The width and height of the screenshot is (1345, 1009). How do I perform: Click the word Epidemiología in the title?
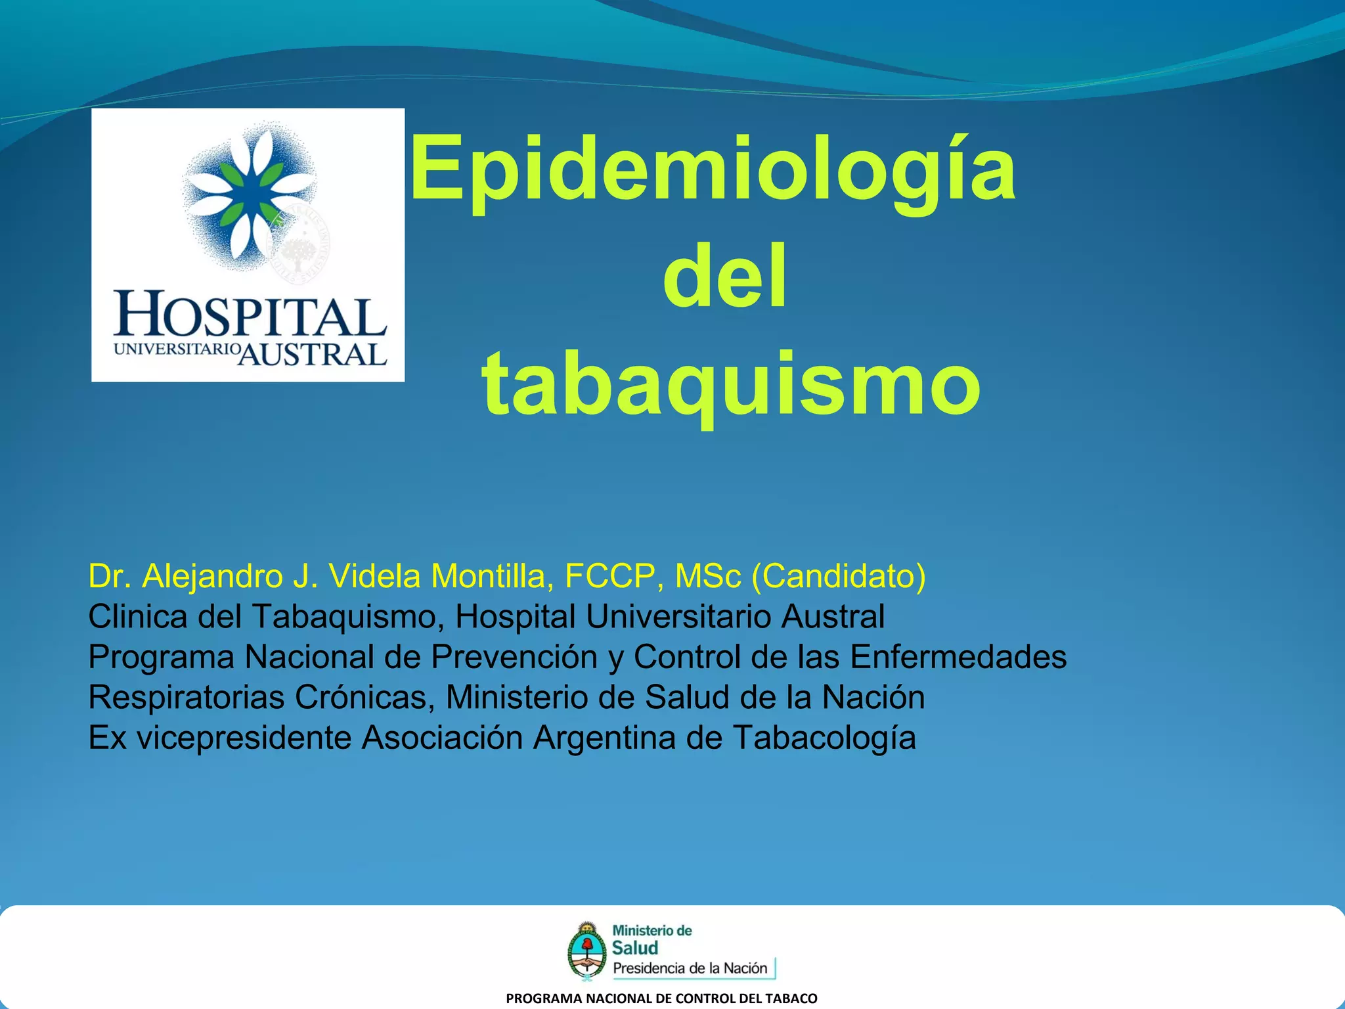[x=713, y=169]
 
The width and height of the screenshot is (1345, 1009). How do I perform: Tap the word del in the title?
[x=724, y=277]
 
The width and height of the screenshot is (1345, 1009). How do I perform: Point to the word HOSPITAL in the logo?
[x=250, y=315]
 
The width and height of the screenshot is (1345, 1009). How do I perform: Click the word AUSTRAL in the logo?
[x=312, y=354]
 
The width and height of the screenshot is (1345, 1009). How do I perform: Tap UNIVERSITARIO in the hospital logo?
[x=175, y=349]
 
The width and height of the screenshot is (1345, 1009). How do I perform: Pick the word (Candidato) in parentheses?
[x=838, y=576]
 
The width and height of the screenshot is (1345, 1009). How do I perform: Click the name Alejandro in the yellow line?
[x=212, y=576]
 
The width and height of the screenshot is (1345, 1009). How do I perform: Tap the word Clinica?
[x=138, y=617]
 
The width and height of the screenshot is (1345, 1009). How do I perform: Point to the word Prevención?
[x=514, y=657]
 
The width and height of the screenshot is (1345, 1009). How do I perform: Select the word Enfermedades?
[x=958, y=657]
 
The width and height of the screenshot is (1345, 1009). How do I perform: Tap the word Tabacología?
[x=824, y=738]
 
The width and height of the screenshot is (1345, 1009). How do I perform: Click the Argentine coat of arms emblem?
[x=586, y=950]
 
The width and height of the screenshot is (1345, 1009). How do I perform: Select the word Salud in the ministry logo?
[x=634, y=948]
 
